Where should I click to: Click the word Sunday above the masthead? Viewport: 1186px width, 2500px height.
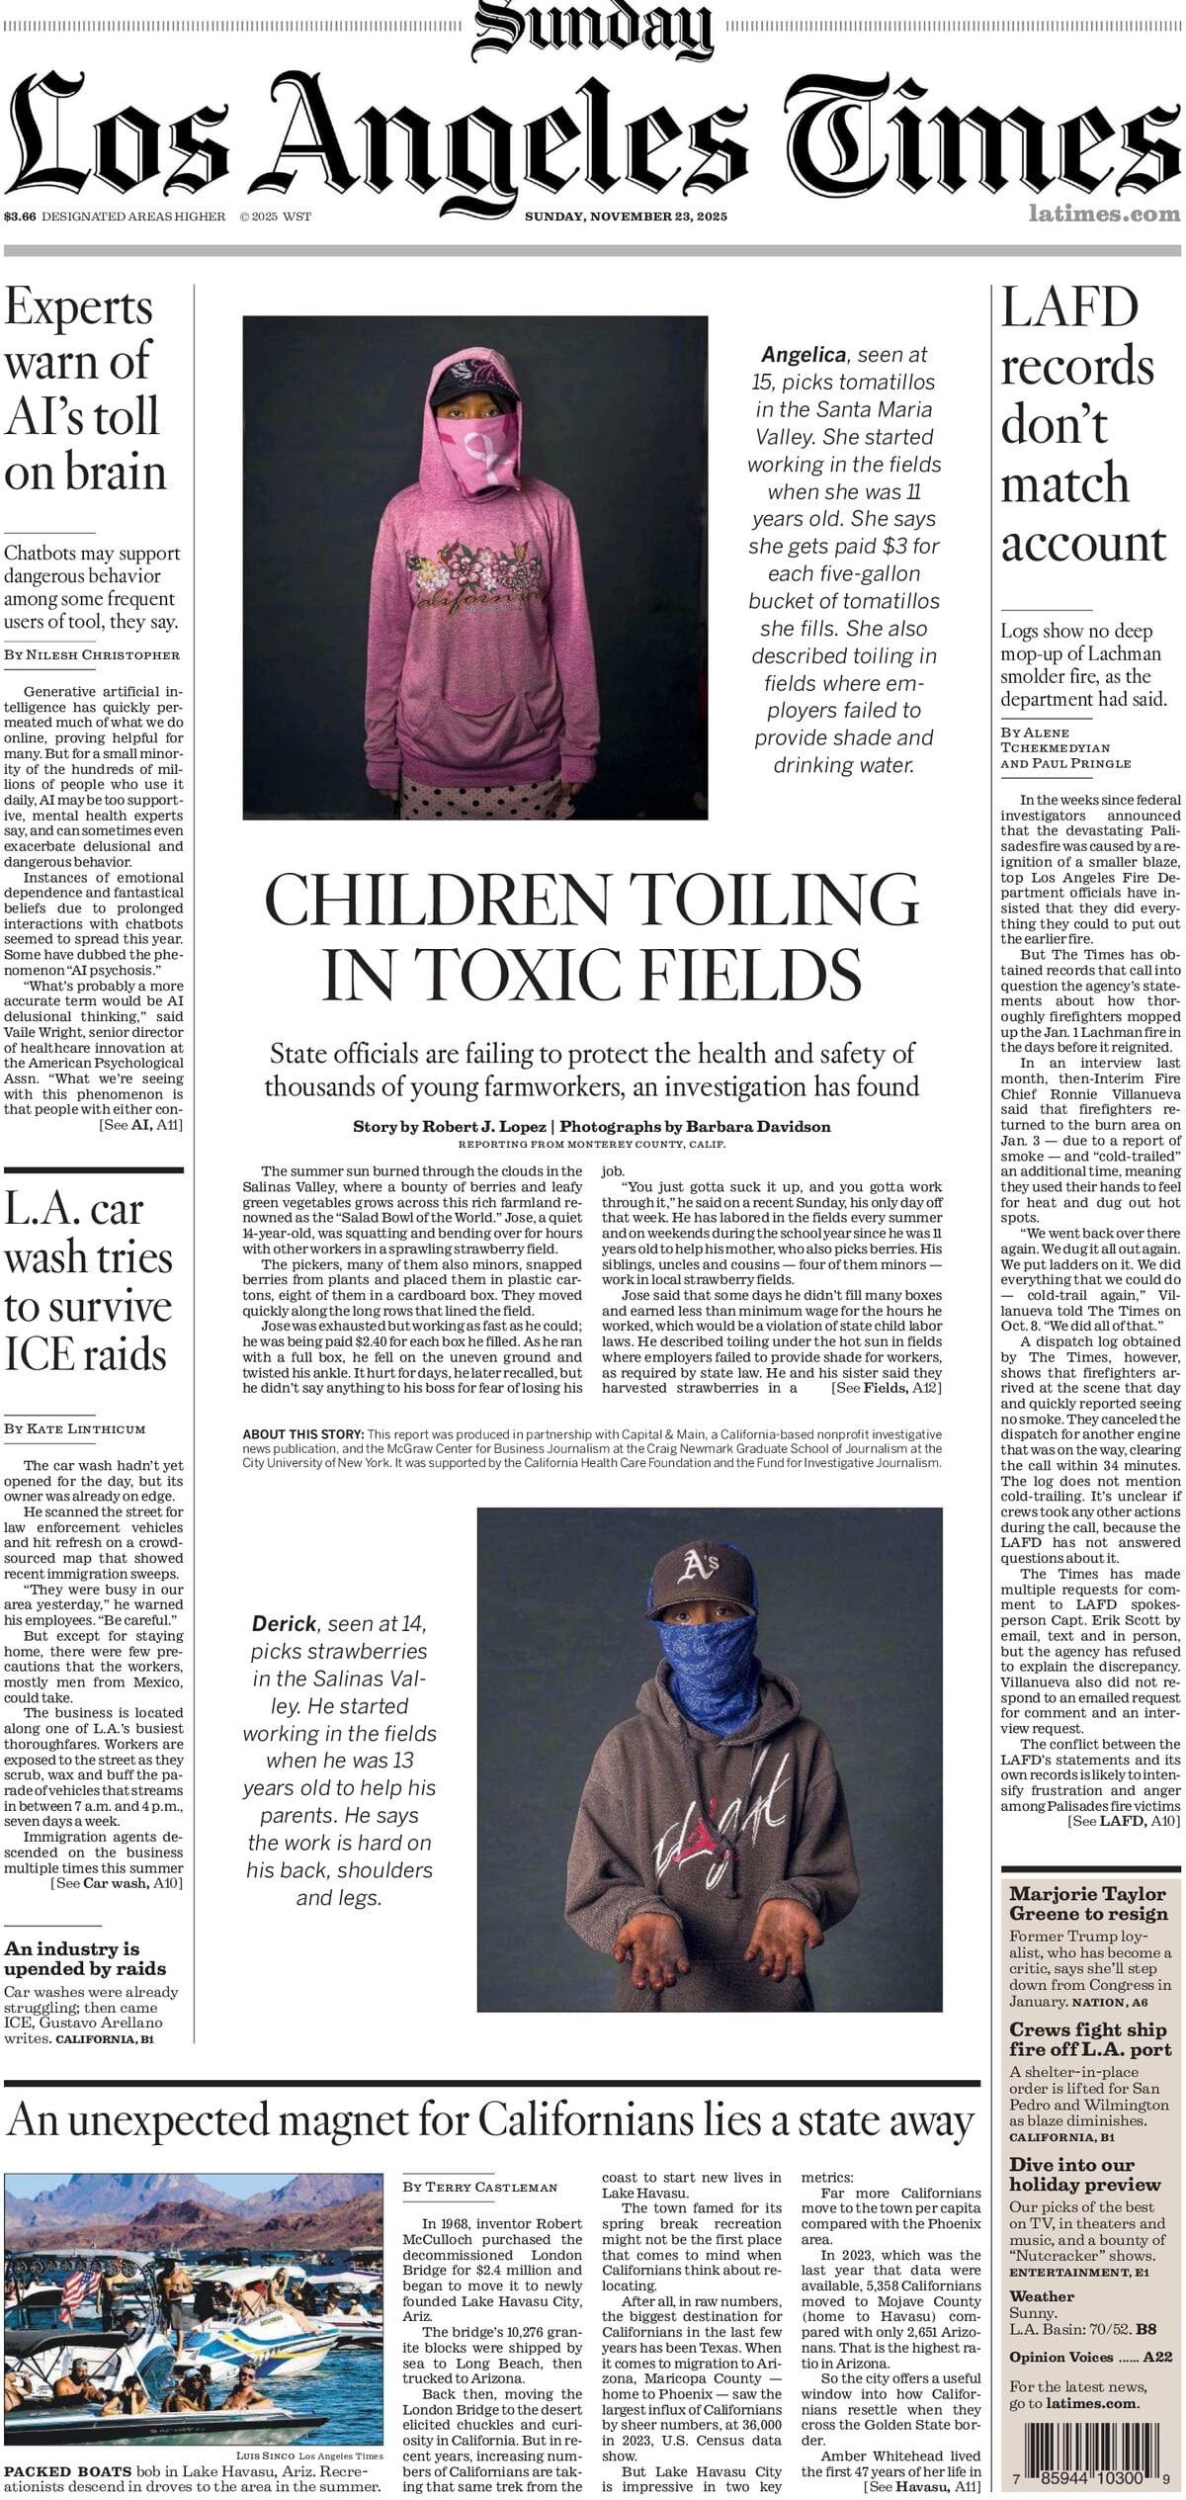[593, 30]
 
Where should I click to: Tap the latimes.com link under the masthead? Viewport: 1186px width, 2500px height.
[1103, 213]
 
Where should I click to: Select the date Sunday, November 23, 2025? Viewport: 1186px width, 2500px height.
[625, 216]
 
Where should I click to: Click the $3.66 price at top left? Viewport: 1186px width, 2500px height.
[20, 216]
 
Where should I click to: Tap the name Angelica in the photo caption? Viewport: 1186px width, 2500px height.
[803, 354]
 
